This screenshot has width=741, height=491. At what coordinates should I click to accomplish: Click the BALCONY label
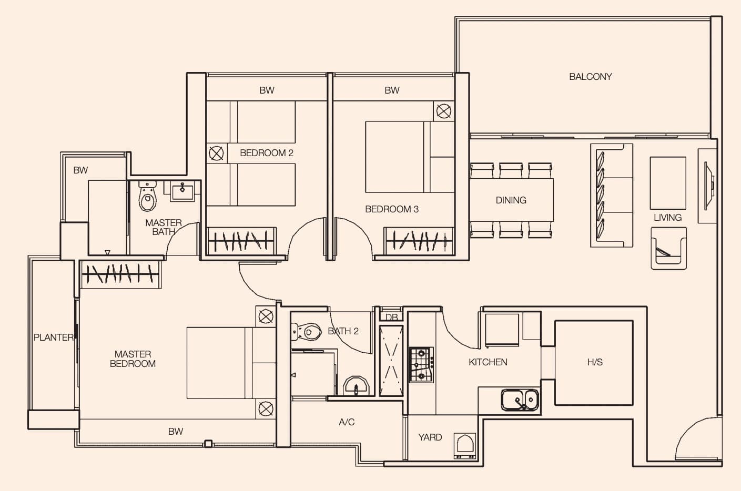coord(590,77)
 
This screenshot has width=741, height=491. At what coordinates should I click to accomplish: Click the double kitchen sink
coord(520,400)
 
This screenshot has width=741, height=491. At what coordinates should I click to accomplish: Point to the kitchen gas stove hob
coord(421,365)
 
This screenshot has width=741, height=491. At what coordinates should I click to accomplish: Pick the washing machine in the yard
coord(465,446)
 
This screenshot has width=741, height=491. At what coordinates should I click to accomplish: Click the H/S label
coord(595,362)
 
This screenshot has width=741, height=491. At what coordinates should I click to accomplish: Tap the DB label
coord(392,317)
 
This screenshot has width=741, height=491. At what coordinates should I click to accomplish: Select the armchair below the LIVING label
coord(668,248)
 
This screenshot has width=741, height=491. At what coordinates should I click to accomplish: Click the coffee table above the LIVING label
coord(668,183)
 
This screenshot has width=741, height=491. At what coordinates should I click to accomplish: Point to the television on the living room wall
coord(709,186)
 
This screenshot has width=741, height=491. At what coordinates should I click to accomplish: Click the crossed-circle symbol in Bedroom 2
coord(216,154)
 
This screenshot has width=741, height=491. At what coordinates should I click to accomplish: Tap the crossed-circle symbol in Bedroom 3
coord(444,111)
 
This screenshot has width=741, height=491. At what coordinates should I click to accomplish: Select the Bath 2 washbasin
coord(356,386)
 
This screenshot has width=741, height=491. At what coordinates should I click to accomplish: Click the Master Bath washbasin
coord(182,191)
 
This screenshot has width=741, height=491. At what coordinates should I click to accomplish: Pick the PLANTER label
coord(54,337)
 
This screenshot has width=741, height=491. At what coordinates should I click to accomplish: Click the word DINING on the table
coord(511,200)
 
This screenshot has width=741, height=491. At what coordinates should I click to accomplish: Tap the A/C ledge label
coord(347,422)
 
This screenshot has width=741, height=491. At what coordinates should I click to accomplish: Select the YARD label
coord(430,437)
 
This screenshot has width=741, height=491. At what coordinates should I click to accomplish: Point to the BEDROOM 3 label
coord(392,209)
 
